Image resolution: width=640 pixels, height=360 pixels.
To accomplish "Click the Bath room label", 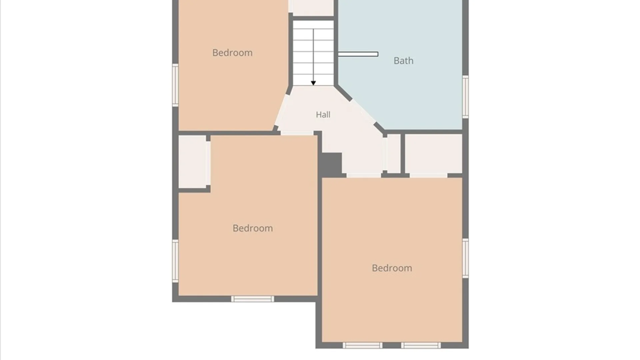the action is [x=403, y=61].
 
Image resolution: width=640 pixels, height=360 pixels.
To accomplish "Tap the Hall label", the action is [x=323, y=115].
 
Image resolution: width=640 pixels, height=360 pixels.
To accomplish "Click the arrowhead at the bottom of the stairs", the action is [x=313, y=83].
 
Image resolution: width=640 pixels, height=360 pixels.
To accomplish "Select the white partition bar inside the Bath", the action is [x=358, y=54].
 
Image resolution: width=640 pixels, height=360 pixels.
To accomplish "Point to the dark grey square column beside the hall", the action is [x=332, y=163].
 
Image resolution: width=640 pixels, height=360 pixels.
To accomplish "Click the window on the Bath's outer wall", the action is [x=465, y=97].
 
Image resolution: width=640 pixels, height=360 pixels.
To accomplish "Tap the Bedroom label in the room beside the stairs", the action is [x=232, y=53].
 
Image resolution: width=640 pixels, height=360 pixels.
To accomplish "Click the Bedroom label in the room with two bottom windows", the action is [x=392, y=268].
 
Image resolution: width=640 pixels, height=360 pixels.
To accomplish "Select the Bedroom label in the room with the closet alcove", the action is [x=253, y=228].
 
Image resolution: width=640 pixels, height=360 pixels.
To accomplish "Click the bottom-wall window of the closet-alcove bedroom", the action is [x=253, y=299].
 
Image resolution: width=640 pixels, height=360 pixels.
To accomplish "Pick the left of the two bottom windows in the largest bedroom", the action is [x=362, y=345].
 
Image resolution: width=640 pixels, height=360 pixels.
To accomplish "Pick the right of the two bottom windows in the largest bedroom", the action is [x=421, y=345].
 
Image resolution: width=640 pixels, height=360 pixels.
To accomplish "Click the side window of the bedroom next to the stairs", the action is [x=175, y=85].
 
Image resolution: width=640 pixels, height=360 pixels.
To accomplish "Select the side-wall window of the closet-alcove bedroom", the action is [x=175, y=261].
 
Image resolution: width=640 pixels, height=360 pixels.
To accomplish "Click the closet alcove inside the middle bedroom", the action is [x=192, y=162].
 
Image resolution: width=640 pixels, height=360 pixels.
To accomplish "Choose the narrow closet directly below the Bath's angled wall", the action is [x=394, y=154].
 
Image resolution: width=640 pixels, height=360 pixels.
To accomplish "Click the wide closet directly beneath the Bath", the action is [x=434, y=154].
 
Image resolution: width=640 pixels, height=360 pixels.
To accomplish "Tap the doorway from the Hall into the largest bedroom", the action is [x=364, y=175].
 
